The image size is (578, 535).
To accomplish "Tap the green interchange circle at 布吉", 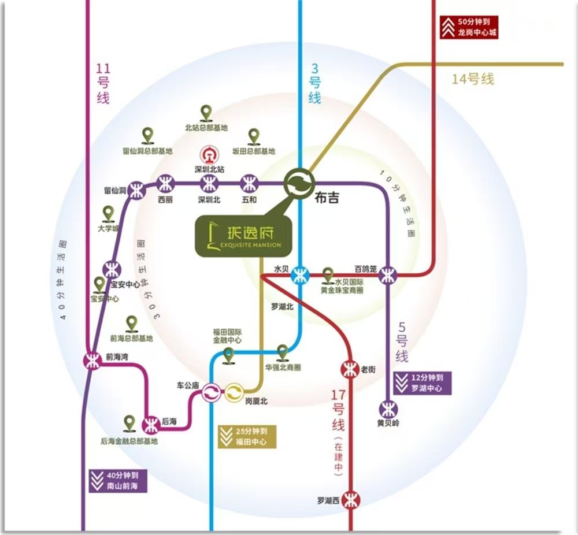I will (299, 184).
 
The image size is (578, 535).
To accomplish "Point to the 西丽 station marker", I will (165, 184).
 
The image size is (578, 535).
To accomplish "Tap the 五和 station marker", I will (250, 184).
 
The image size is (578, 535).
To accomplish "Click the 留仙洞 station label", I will (115, 190).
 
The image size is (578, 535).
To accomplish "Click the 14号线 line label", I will (473, 79).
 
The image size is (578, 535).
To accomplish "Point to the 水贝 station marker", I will (299, 275).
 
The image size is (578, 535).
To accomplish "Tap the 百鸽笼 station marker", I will (388, 276).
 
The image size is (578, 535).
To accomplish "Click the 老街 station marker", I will (350, 367).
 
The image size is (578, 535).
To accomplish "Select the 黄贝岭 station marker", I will (388, 409).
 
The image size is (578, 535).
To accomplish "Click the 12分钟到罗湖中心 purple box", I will (421, 383).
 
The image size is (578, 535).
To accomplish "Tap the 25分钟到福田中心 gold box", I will (248, 436).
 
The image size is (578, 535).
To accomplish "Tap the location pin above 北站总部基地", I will (206, 113).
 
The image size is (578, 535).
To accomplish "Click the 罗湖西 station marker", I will (350, 500).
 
